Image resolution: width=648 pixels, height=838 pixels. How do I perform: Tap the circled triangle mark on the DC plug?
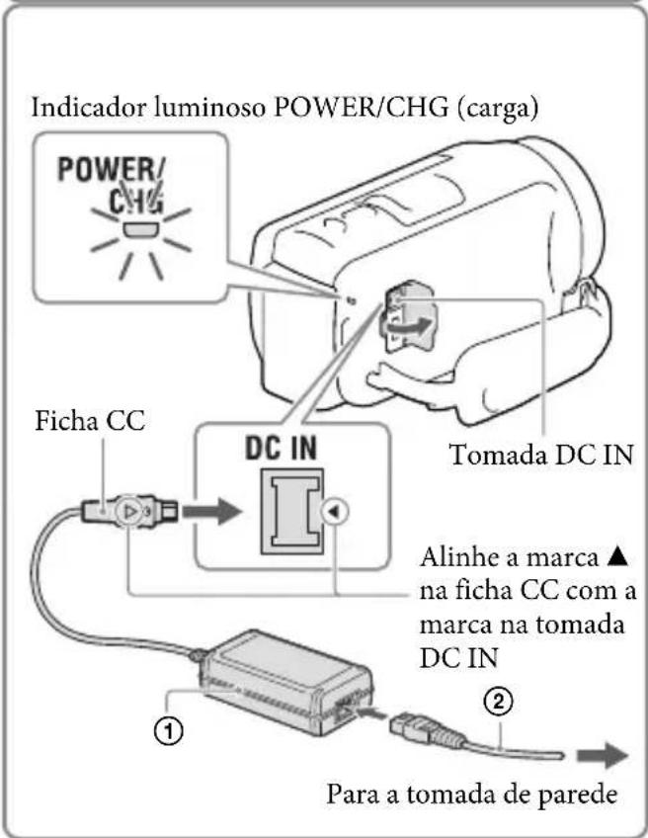[129, 512]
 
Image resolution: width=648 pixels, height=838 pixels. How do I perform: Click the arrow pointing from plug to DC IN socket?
[211, 512]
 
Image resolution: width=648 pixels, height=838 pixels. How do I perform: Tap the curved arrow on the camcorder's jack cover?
[406, 327]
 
